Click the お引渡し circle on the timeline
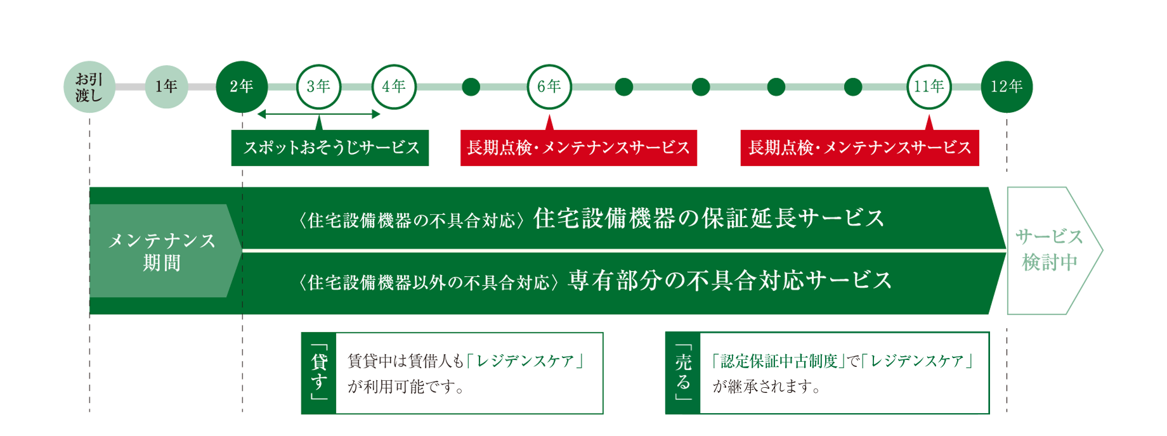tap(89, 87)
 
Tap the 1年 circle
tap(166, 87)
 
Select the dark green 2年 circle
tap(242, 87)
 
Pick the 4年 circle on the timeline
tap(394, 87)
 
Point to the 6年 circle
tap(549, 87)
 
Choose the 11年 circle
tap(929, 87)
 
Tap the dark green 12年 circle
tap(1007, 87)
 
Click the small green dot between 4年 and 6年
tap(471, 87)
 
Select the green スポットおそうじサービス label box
tap(330, 148)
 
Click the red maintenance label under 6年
tap(578, 148)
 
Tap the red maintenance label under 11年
tap(859, 148)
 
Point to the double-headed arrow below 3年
tap(318, 114)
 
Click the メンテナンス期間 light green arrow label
tap(164, 251)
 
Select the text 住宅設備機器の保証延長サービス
tap(709, 219)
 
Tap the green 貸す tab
tap(318, 373)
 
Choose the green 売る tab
tap(682, 373)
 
